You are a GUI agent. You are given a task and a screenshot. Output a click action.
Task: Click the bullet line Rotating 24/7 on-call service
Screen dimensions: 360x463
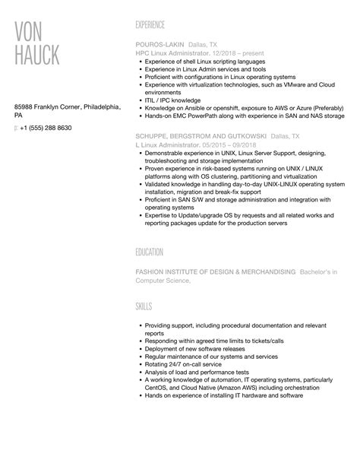pos(179,364)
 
